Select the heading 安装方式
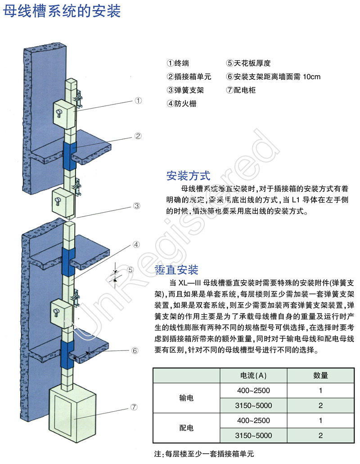point(188,175)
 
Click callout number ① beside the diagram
point(138,101)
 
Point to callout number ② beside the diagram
point(138,135)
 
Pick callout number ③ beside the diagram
point(138,206)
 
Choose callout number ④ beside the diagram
point(137,245)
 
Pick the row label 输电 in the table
point(186,398)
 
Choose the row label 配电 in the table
point(186,428)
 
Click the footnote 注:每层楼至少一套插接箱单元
point(207,454)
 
